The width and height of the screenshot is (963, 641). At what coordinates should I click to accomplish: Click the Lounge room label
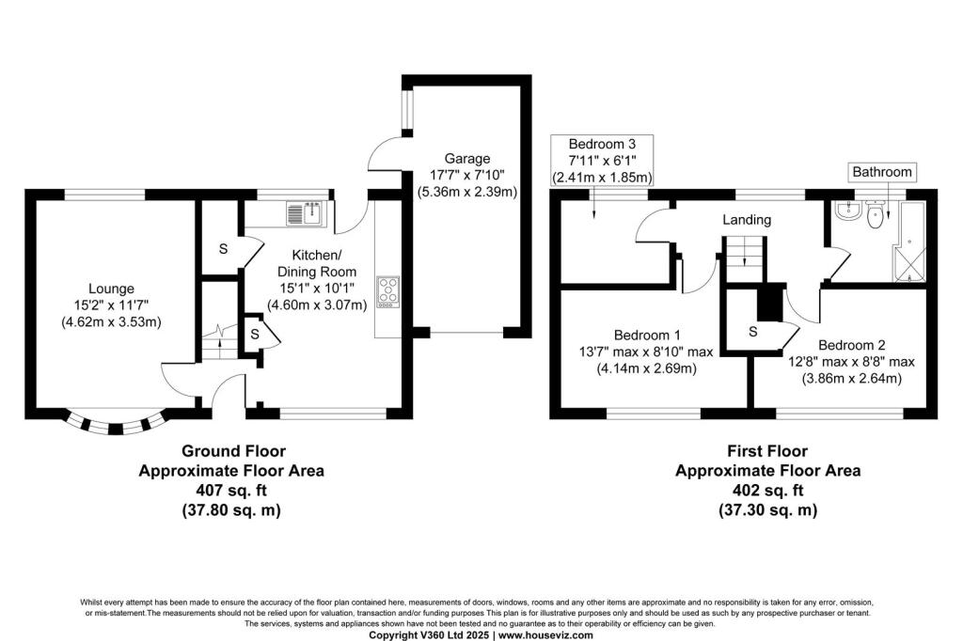click(112, 289)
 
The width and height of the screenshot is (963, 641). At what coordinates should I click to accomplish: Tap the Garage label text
click(467, 159)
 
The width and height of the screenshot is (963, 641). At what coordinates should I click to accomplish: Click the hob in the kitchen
click(387, 291)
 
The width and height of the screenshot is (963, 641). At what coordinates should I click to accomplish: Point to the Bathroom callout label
click(881, 172)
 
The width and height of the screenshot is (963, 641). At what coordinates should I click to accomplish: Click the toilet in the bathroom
click(876, 216)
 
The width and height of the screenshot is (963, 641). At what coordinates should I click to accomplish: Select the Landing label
click(746, 220)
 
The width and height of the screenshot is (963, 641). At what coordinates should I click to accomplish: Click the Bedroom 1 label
click(648, 336)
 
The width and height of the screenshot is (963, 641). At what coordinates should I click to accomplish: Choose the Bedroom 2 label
click(851, 345)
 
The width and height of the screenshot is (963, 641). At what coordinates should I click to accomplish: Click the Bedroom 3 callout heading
click(602, 144)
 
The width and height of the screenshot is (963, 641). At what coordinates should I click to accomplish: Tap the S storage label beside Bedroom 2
click(753, 331)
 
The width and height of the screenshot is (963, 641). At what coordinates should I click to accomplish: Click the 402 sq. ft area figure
click(767, 491)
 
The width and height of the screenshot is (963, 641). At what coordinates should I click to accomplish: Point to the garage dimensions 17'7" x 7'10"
click(467, 176)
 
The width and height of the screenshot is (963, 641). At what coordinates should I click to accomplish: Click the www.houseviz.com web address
click(545, 635)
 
